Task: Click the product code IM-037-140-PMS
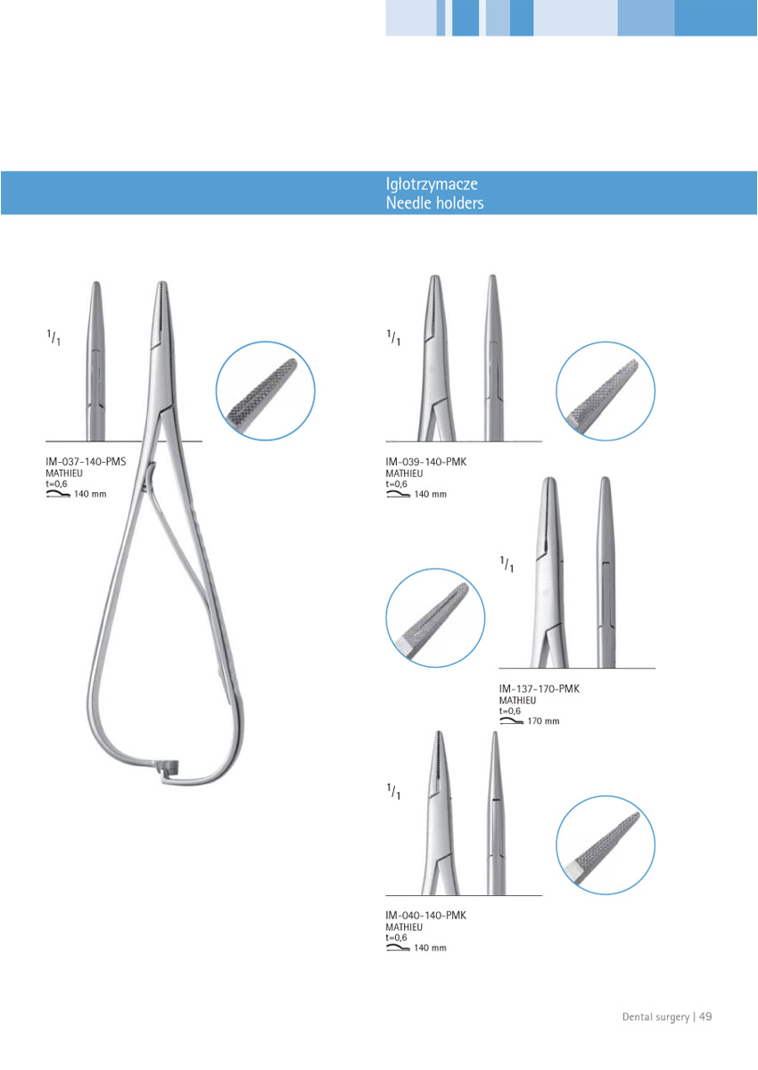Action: pyautogui.click(x=86, y=462)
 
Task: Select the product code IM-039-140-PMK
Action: pyautogui.click(x=426, y=462)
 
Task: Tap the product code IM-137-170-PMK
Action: pyautogui.click(x=540, y=688)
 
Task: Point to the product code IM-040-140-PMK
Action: pyautogui.click(x=426, y=915)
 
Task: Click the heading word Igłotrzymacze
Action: pyautogui.click(x=432, y=185)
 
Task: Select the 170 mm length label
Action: pyautogui.click(x=544, y=721)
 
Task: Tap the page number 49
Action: pyautogui.click(x=705, y=1017)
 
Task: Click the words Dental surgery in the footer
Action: pyautogui.click(x=655, y=1017)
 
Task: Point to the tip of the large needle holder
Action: pyautogui.click(x=162, y=283)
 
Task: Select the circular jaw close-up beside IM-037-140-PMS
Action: pyautogui.click(x=265, y=391)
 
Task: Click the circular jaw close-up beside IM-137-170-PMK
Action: pyautogui.click(x=435, y=618)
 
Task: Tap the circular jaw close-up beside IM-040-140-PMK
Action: pyautogui.click(x=606, y=845)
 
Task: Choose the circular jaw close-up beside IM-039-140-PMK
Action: pyautogui.click(x=606, y=391)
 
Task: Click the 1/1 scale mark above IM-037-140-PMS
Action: pyautogui.click(x=54, y=337)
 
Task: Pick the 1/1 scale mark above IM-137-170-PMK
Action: pyautogui.click(x=507, y=564)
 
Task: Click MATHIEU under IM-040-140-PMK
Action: pyautogui.click(x=404, y=927)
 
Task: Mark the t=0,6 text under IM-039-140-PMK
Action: pyautogui.click(x=397, y=484)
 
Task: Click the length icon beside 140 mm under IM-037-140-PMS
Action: pyautogui.click(x=58, y=494)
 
